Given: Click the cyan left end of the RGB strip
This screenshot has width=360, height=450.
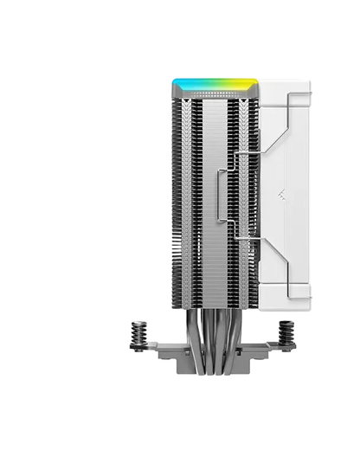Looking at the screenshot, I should point(176,83).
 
